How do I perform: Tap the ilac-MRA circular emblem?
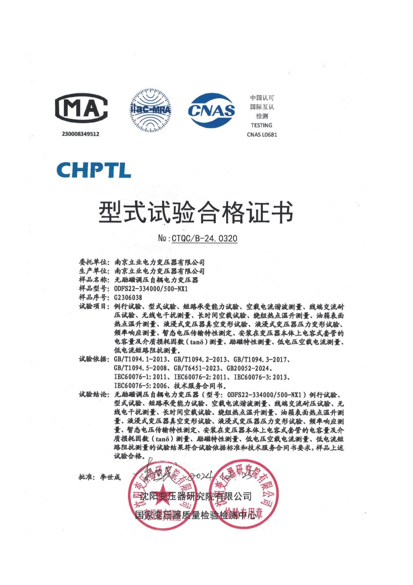coord(151,110)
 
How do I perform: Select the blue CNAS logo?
coord(211,110)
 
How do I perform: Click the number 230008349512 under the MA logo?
coord(81,134)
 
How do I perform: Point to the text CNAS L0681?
coord(262,135)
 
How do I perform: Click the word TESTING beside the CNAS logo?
coord(262,125)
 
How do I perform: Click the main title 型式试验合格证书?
coord(196,213)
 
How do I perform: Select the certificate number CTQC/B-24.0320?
coord(204,238)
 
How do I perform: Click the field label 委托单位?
coord(94,262)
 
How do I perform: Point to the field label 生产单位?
coord(94,271)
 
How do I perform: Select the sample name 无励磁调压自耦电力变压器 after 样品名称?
coord(156,280)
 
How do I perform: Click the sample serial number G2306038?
coord(128,298)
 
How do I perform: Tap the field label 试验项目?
coord(94,307)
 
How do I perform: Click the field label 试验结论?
coord(94,395)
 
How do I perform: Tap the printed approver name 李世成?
coord(110,477)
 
